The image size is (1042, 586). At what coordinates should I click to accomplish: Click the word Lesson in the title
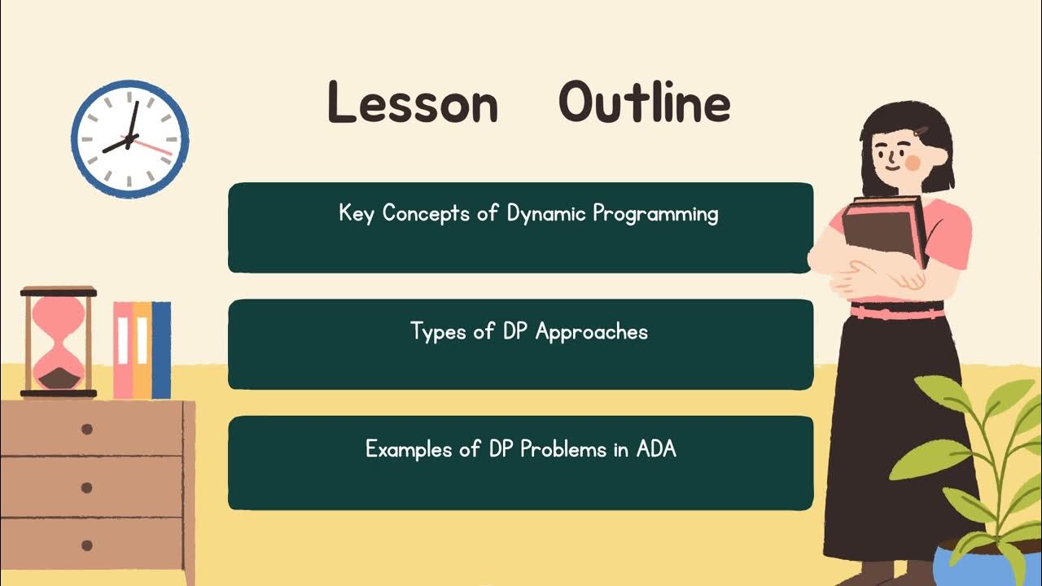click(x=412, y=104)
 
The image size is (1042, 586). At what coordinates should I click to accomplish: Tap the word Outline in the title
click(x=644, y=104)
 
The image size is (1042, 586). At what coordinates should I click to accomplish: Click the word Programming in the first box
click(x=655, y=215)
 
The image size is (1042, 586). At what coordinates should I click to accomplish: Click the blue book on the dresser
click(x=161, y=350)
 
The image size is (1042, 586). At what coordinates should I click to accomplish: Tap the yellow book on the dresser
click(x=142, y=350)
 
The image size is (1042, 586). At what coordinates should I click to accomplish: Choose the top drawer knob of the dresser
click(x=87, y=429)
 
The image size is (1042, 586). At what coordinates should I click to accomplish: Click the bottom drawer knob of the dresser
click(x=87, y=545)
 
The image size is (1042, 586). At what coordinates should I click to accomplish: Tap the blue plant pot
click(x=969, y=566)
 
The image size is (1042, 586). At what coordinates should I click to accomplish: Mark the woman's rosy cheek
click(x=913, y=163)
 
